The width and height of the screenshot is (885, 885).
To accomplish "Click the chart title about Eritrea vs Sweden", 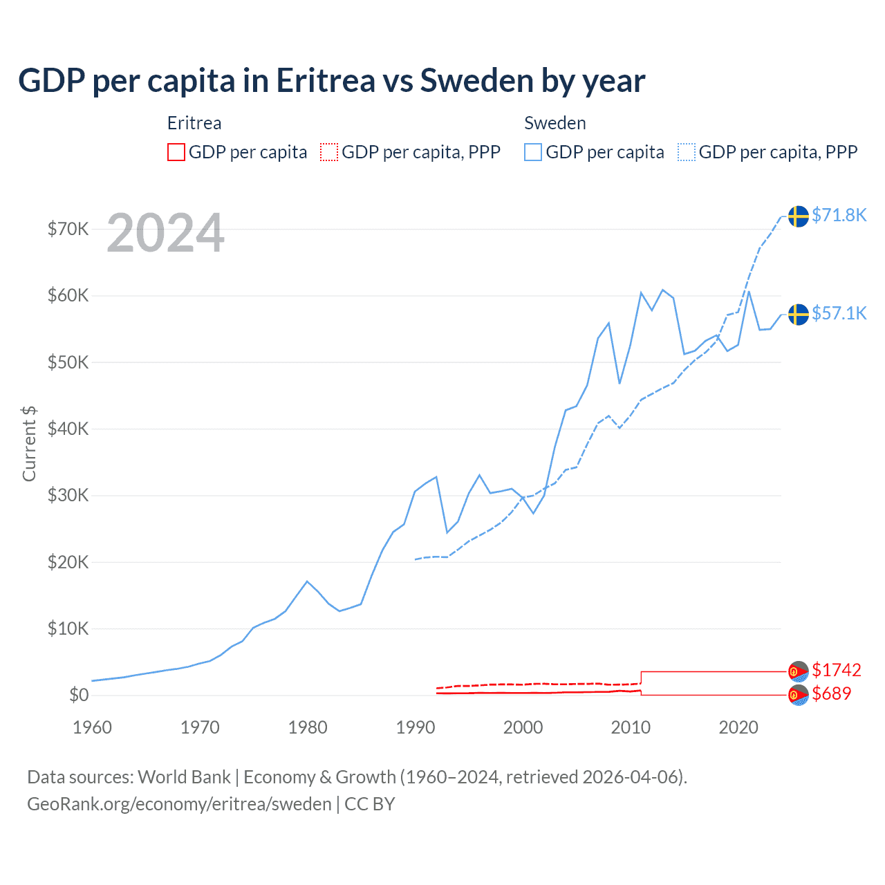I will [x=331, y=81].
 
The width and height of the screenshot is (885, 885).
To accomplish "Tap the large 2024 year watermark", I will [x=165, y=233].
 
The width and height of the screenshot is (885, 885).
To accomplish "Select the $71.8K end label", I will [x=839, y=215].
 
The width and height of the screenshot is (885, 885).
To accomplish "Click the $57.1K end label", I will [x=839, y=313].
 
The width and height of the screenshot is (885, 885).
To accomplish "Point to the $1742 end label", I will [x=836, y=670].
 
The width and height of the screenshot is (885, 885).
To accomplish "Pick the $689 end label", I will [x=831, y=693].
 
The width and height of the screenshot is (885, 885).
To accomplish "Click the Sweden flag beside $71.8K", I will [x=799, y=216].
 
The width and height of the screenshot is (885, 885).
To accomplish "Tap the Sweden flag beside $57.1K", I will [x=799, y=314].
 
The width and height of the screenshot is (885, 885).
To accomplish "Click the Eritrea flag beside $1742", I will [x=799, y=671].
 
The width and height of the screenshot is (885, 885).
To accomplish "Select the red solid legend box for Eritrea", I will [x=176, y=152].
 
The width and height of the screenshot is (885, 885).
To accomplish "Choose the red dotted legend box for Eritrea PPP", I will [x=329, y=152].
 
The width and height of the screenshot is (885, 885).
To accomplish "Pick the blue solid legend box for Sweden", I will [x=533, y=152].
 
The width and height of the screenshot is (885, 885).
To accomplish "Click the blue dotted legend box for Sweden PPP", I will [x=687, y=152].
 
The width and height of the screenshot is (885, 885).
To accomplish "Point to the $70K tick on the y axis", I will [x=68, y=229].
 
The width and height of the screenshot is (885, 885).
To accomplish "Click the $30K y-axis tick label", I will [x=68, y=495].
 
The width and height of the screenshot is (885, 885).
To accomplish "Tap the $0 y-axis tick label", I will [x=79, y=695].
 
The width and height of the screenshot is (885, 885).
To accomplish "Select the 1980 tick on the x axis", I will [x=308, y=727].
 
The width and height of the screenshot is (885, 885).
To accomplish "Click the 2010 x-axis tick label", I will [x=631, y=727].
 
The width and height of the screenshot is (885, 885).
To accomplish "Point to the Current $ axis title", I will [x=29, y=443].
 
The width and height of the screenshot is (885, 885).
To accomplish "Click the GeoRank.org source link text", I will [x=179, y=804].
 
